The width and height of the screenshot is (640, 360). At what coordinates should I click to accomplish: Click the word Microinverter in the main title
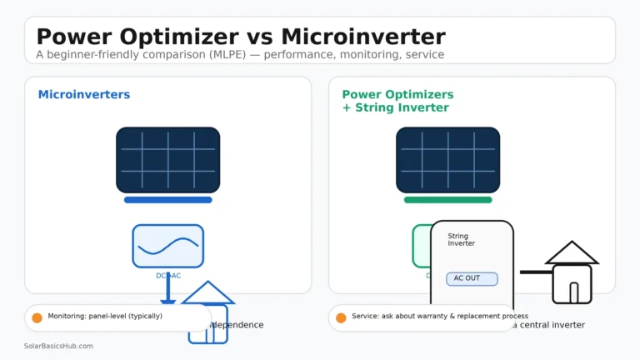coord(363,37)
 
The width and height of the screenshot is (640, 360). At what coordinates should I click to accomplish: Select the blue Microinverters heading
coord(84,95)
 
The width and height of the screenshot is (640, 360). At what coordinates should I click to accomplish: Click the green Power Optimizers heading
coord(397,95)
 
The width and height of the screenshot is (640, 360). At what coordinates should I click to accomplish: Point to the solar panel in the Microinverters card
coord(167,160)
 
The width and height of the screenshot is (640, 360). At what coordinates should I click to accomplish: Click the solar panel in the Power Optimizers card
coord(447,160)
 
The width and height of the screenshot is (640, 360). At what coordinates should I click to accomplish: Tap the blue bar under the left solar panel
coord(167,200)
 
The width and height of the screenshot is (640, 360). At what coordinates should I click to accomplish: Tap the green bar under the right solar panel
coord(447,200)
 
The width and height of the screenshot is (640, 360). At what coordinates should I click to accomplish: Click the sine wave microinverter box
coord(167,246)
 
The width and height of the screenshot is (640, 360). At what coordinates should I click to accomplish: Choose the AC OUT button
coord(472,278)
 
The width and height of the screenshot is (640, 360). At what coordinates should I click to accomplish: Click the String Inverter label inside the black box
coord(462,240)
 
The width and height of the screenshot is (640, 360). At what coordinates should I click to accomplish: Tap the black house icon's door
coord(573,292)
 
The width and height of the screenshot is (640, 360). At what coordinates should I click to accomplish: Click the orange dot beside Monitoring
coord(37,317)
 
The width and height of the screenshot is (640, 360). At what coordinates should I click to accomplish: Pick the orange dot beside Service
coord(341,317)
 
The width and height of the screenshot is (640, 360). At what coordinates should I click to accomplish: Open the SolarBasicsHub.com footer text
coord(58,346)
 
